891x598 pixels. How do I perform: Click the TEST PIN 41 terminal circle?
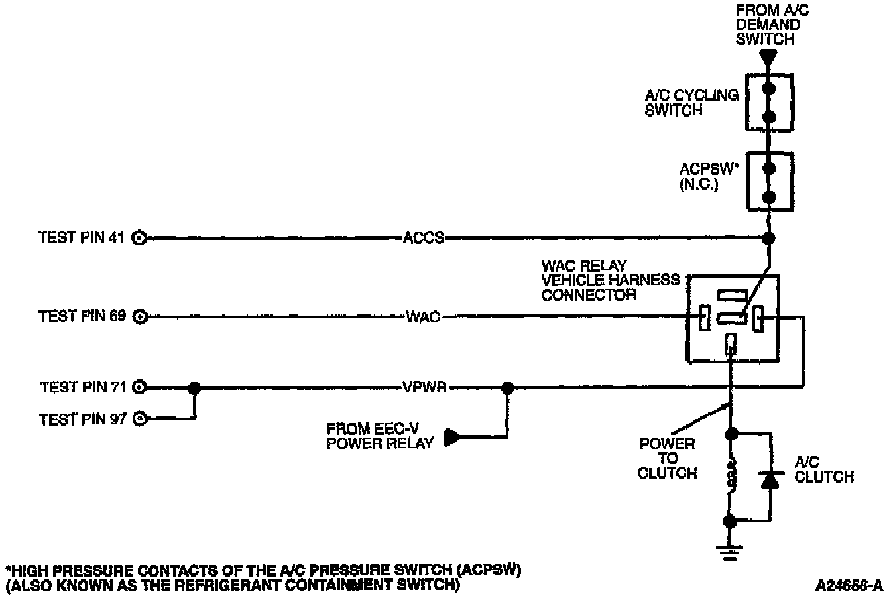pos(139,237)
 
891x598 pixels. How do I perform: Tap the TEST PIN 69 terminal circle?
pos(139,317)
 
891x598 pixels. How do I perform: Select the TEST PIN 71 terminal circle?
pos(139,387)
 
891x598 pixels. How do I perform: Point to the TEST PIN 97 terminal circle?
pos(139,418)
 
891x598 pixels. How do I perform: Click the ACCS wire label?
pos(424,237)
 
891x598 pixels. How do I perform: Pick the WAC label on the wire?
pos(422,317)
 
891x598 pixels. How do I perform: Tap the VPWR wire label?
pos(424,387)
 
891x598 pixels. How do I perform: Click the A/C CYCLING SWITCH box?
pos(769,102)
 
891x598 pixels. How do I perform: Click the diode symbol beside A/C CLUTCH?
pos(770,479)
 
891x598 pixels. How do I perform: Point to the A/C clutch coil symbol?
pos(731,479)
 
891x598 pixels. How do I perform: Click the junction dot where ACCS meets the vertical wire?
pos(769,237)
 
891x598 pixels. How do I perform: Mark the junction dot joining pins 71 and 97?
pos(194,387)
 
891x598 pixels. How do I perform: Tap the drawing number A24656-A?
pos(850,585)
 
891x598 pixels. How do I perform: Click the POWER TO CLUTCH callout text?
pos(667,458)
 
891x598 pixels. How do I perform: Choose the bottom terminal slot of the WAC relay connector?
pos(731,344)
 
